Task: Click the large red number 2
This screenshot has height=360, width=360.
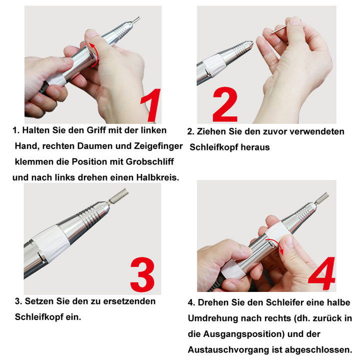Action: coord(224,105)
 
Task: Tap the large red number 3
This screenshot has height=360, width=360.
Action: coord(145,275)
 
